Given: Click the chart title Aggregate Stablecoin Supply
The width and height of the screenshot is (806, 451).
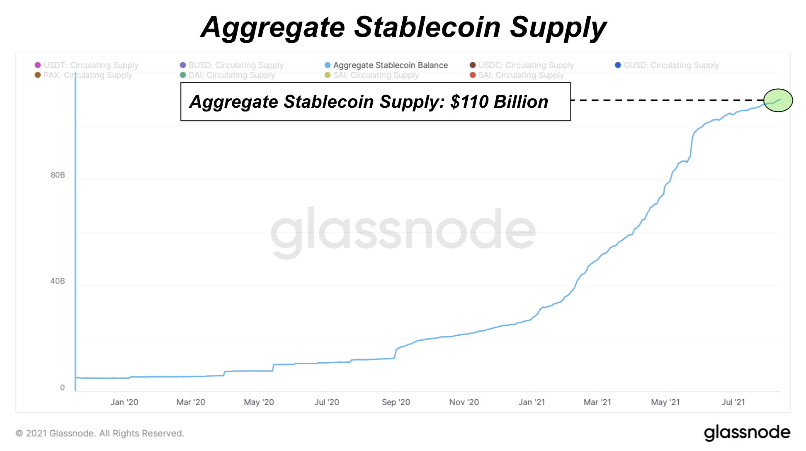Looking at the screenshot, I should coord(403,27).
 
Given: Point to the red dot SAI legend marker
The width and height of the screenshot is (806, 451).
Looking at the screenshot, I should coord(473,75).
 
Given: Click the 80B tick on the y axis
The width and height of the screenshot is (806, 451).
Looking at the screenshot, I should coord(58,175).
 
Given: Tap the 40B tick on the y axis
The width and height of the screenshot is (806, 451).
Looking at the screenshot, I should coord(58,281).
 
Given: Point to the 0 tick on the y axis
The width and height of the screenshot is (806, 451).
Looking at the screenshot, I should coord(63,388).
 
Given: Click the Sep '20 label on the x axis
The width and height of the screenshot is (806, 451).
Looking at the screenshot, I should coord(396,402).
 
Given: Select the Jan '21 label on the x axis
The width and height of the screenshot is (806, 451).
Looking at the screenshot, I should coord(532,402).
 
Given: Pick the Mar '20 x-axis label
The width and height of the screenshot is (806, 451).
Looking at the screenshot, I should coord(191,402).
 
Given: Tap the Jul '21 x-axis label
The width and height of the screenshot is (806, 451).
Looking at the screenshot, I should coord(733,402).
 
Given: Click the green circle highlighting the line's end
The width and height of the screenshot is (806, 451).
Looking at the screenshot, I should coord(778,100).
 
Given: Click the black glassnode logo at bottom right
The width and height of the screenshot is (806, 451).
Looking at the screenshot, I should coord(747,433).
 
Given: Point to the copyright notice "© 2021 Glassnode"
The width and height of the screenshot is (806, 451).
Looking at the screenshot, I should coord(100,433).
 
